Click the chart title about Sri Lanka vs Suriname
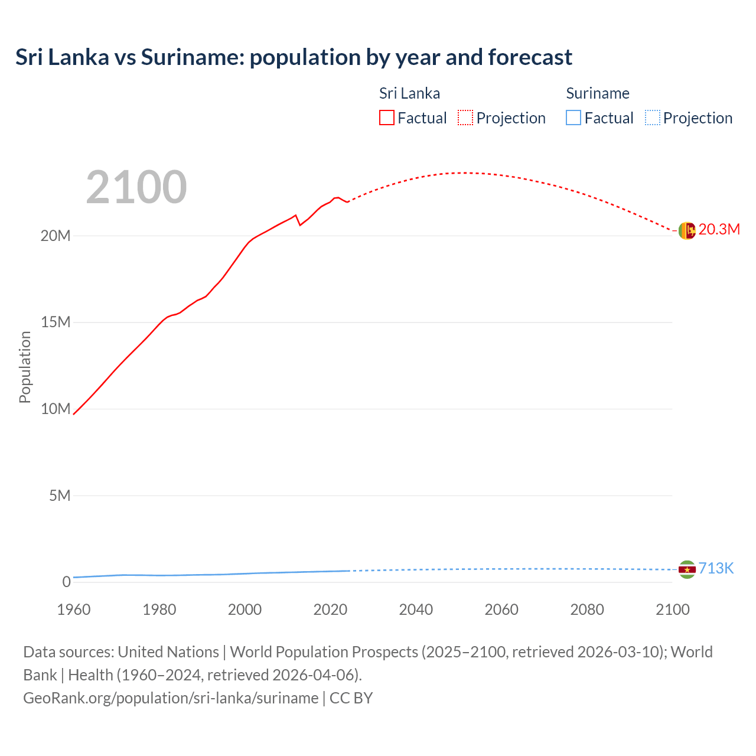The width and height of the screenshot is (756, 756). pyautogui.click(x=294, y=57)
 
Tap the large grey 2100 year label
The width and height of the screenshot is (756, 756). pyautogui.click(x=136, y=187)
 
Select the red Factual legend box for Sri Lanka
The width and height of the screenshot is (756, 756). pyautogui.click(x=386, y=118)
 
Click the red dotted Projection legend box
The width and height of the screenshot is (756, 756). pyautogui.click(x=465, y=118)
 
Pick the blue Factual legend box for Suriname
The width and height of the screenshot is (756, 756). pyautogui.click(x=573, y=118)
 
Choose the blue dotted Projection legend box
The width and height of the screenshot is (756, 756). pyautogui.click(x=652, y=118)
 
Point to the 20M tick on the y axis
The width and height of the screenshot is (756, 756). pyautogui.click(x=56, y=236)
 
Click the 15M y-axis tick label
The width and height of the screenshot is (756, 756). pyautogui.click(x=56, y=322)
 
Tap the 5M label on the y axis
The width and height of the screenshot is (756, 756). pyautogui.click(x=60, y=496)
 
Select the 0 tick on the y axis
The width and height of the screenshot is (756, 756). pyautogui.click(x=66, y=582)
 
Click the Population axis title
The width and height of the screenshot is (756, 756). pyautogui.click(x=25, y=367)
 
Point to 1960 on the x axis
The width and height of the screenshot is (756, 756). pyautogui.click(x=74, y=610)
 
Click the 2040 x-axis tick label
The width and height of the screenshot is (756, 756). pyautogui.click(x=416, y=610)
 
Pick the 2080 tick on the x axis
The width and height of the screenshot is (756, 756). pyautogui.click(x=587, y=610)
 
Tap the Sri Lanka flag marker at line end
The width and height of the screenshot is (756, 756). pyautogui.click(x=687, y=230)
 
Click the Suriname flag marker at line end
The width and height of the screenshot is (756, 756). pyautogui.click(x=687, y=569)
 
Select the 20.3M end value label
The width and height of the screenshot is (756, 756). pyautogui.click(x=719, y=230)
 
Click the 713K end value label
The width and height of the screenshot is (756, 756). pyautogui.click(x=716, y=569)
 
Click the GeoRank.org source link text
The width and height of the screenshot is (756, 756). pyautogui.click(x=171, y=698)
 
